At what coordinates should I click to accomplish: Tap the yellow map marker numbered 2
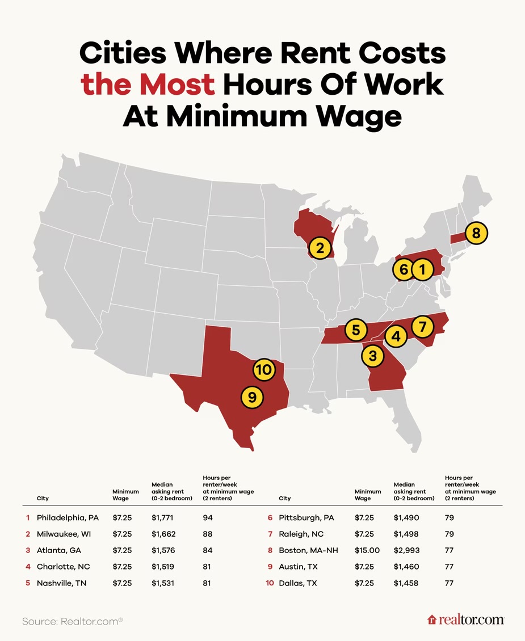[320, 248]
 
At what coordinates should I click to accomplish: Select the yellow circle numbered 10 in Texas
[264, 370]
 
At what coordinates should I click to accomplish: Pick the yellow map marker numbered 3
[372, 356]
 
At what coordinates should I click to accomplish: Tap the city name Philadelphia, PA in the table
[68, 517]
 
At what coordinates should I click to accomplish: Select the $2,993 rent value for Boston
[406, 550]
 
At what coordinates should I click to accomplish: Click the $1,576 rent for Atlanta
[165, 550]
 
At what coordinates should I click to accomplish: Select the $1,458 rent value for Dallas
[406, 583]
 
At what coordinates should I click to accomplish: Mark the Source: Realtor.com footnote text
[72, 621]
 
